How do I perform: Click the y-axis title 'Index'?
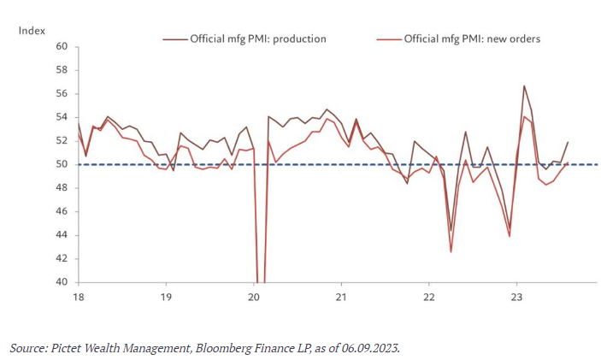pos(32,30)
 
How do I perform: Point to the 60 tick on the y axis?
pos(61,46)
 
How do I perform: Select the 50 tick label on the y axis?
pos(61,164)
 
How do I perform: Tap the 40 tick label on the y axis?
pos(61,282)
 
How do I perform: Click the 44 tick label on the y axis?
pos(61,235)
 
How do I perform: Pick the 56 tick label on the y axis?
pos(61,93)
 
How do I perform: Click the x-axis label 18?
pos(78,296)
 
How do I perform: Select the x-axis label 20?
pos(253,296)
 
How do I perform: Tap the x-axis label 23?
pos(516,296)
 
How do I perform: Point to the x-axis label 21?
pos(341,296)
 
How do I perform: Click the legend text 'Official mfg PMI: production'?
pos(258,38)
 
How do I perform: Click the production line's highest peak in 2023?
pos(524,86)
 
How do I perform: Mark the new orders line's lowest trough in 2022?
pos(451,251)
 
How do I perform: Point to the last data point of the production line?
pos(568,142)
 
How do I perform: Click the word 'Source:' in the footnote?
pos(28,348)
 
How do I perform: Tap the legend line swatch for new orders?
pos(389,38)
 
